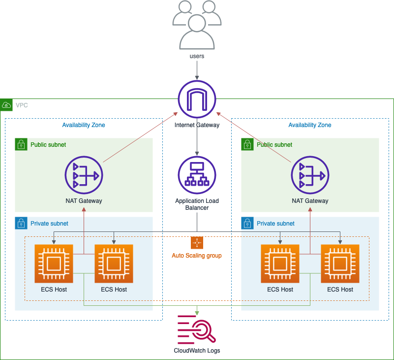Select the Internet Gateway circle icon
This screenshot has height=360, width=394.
pyautogui.click(x=197, y=99)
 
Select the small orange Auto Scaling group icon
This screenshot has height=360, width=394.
pyautogui.click(x=197, y=243)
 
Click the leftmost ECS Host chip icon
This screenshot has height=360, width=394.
pyautogui.click(x=54, y=264)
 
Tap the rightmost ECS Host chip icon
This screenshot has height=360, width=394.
pyautogui.click(x=340, y=264)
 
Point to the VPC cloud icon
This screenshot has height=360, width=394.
pyautogui.click(x=6, y=105)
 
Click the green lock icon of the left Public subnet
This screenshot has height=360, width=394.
pyautogui.click(x=21, y=144)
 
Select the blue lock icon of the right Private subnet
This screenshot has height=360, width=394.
pyautogui.click(x=247, y=223)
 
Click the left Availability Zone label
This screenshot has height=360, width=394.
pyautogui.click(x=84, y=125)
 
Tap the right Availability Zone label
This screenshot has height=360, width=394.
pyautogui.click(x=310, y=125)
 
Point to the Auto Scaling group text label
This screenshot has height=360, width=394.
pyautogui.click(x=197, y=256)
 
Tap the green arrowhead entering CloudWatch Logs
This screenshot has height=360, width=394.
pyautogui.click(x=197, y=313)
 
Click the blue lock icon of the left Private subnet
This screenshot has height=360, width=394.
pyautogui.click(x=21, y=223)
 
